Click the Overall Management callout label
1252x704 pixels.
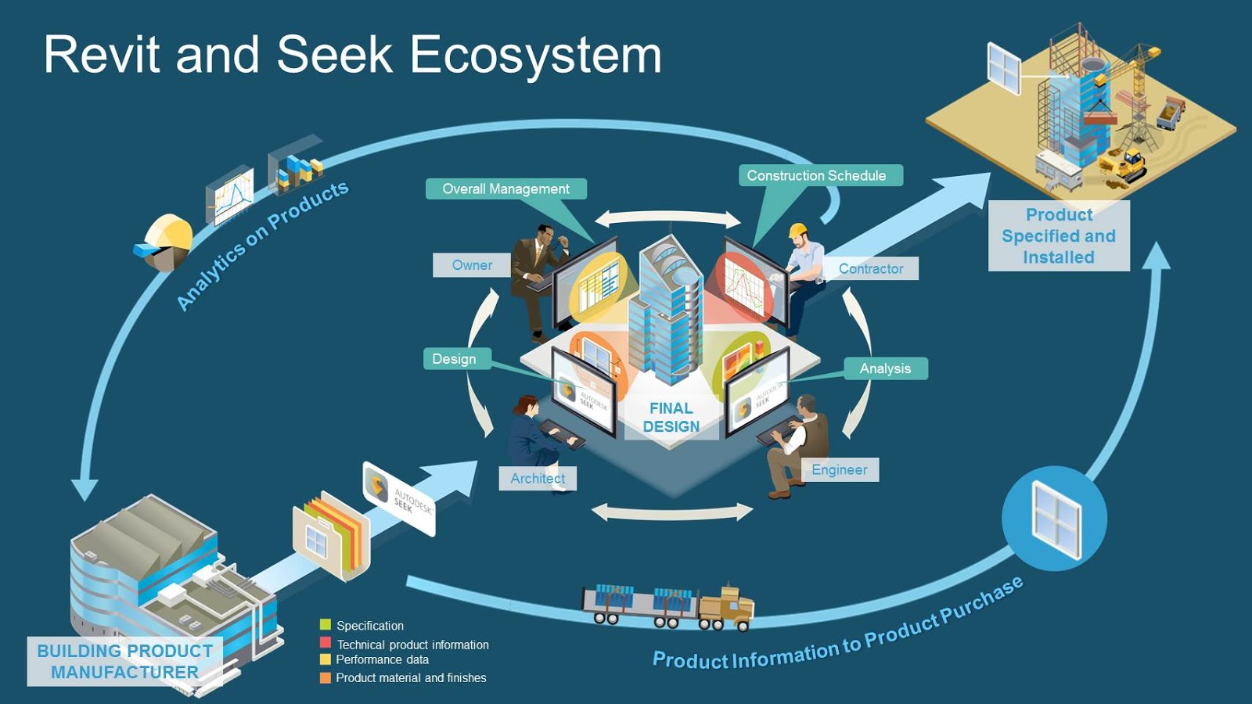point(505,189)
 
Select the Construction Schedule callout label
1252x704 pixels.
point(816,175)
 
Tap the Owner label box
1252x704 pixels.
point(472,265)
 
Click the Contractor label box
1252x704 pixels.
point(870,268)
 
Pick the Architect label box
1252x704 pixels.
point(538,478)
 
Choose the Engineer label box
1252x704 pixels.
point(839,469)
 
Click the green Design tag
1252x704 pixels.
point(455,359)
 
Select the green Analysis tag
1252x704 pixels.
point(885,368)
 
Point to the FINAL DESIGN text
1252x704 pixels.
point(671,418)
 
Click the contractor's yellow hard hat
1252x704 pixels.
point(797,230)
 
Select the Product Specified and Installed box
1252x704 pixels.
point(1059,235)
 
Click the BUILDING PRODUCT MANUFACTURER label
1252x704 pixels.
point(125,661)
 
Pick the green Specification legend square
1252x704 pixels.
point(326,624)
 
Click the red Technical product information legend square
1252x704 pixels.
point(326,642)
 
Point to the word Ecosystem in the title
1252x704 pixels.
point(535,55)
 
